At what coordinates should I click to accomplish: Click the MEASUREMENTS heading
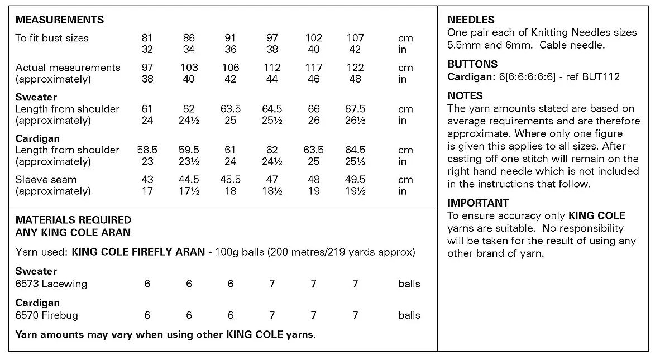60,20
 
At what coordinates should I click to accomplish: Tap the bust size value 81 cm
147,38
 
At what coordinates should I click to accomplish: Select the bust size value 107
355,38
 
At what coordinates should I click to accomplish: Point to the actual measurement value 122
355,68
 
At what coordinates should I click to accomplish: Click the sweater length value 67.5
355,109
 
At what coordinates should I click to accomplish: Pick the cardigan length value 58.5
147,150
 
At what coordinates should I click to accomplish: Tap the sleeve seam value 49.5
355,180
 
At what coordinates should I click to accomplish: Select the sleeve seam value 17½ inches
189,191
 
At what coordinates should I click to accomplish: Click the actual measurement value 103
189,68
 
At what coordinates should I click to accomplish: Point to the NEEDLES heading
471,20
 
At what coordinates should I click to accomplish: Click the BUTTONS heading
472,64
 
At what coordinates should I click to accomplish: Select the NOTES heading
465,96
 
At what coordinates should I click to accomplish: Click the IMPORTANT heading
478,203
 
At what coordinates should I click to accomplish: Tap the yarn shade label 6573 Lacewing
51,284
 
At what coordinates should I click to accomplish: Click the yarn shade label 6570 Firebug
47,315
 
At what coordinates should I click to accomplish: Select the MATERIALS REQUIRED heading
73,220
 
